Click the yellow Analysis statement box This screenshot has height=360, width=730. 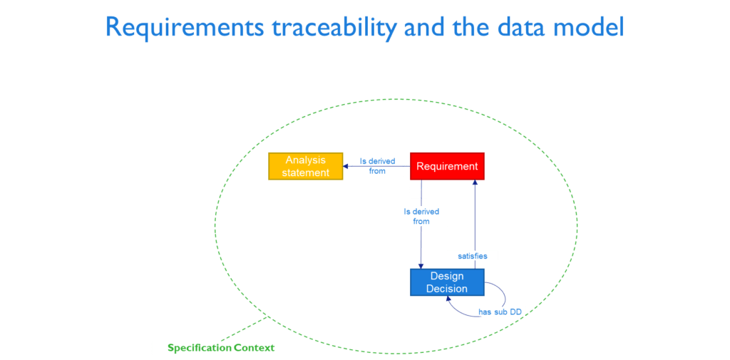pyautogui.click(x=305, y=166)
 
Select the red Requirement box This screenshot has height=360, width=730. pyautogui.click(x=447, y=166)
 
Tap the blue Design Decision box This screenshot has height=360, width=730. pyautogui.click(x=447, y=282)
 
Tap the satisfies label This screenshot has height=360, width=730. pyautogui.click(x=472, y=256)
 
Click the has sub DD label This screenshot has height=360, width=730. pyautogui.click(x=500, y=312)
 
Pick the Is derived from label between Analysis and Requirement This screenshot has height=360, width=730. pyautogui.click(x=377, y=166)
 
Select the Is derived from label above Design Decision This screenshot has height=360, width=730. pyautogui.click(x=421, y=217)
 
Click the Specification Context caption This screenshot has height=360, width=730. pyautogui.click(x=221, y=348)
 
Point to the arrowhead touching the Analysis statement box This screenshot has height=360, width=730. pyautogui.click(x=346, y=166)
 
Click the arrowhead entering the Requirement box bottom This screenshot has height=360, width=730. pyautogui.click(x=475, y=183)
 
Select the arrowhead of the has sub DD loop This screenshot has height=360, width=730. pyautogui.click(x=448, y=299)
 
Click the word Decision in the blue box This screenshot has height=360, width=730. pyautogui.click(x=447, y=289)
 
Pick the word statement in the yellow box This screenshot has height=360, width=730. pyautogui.click(x=305, y=173)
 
